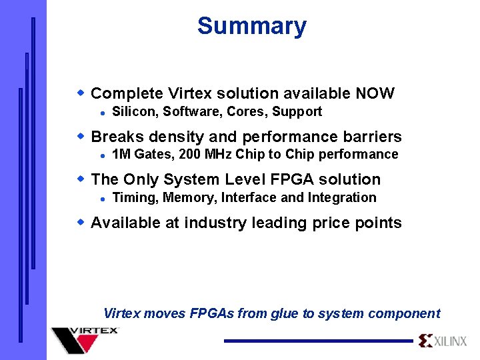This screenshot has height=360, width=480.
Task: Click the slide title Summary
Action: [252, 26]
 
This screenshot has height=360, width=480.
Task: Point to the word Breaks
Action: [117, 137]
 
